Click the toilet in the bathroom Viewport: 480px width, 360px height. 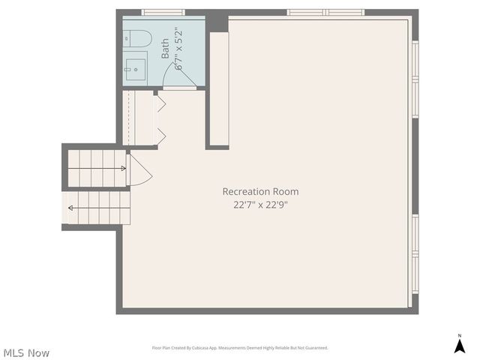139,37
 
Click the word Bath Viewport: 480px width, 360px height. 166,49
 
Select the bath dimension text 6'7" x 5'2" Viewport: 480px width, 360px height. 178,49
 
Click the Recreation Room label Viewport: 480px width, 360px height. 260,191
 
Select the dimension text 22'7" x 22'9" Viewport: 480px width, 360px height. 260,205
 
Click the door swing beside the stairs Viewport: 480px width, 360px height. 139,171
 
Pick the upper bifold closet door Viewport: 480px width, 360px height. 160,103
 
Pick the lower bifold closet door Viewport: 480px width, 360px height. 160,135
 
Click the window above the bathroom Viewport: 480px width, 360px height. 163,12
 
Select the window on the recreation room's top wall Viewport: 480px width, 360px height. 325,12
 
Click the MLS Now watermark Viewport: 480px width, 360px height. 26,352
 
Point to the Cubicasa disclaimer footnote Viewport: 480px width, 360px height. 240,348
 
